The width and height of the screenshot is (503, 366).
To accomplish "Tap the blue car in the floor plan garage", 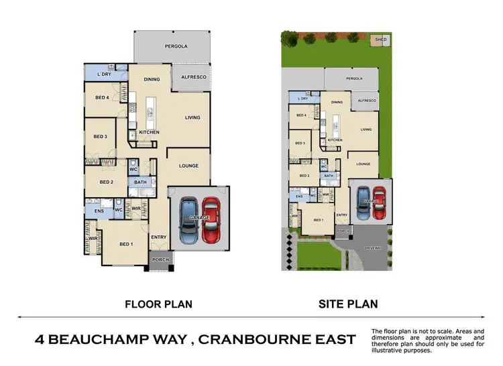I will click(189, 221).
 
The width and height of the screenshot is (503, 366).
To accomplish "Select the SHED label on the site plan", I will click(382, 40).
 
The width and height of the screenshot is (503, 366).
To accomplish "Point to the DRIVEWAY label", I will click(374, 247).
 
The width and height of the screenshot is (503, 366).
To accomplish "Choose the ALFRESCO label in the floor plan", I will click(194, 77).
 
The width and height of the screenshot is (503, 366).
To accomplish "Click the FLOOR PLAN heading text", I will click(159, 304).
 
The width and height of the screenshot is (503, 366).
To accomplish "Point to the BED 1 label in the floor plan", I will click(125, 244).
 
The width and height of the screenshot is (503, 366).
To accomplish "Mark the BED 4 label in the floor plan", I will click(102, 97).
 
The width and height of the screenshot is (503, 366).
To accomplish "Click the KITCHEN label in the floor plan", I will click(149, 133).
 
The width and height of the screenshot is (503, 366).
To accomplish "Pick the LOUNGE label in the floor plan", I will click(188, 166).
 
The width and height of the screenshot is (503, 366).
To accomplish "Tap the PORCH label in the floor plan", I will click(160, 260).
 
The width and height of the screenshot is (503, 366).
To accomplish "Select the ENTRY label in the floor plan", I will click(159, 237).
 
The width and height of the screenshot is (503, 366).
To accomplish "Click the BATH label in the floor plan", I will click(140, 182).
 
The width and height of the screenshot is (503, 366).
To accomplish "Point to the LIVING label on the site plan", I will click(366, 130).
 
